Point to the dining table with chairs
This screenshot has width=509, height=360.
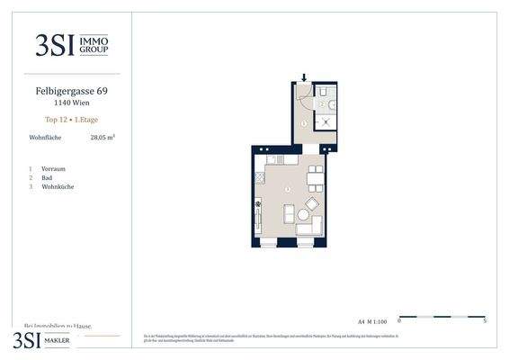315,181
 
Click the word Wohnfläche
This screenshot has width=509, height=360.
45,138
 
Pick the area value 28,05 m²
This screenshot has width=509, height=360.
103,138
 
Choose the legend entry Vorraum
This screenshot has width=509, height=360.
53,168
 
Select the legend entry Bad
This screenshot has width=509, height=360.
47,177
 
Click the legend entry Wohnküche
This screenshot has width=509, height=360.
58,186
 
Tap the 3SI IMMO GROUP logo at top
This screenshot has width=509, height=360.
71,45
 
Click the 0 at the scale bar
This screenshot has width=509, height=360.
399,321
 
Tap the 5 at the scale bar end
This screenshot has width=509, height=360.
485,321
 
